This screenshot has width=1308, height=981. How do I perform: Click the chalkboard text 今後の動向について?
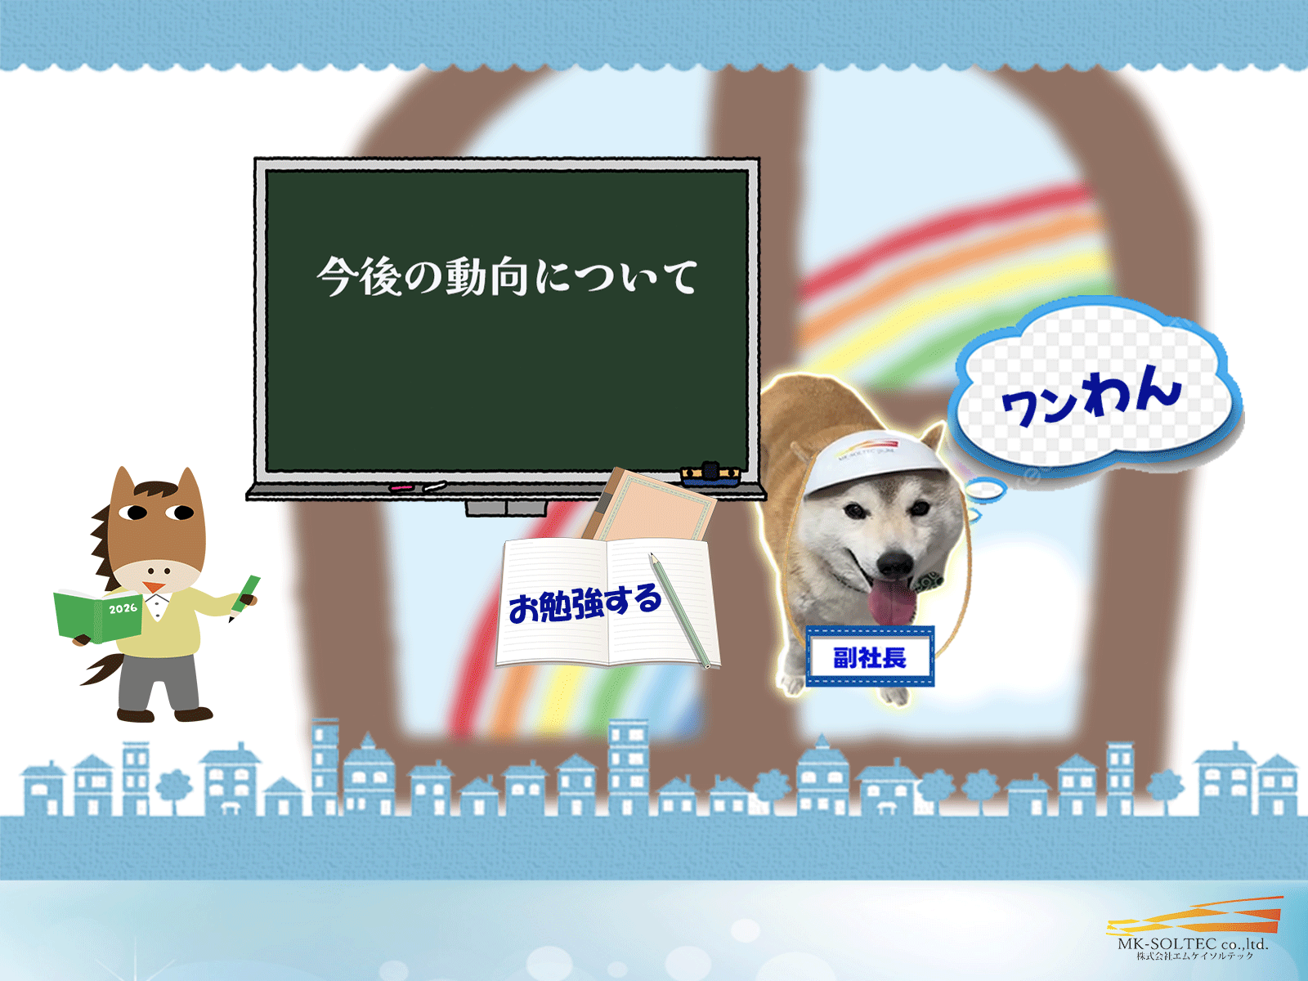click(507, 276)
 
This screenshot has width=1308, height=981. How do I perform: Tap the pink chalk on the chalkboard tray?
click(401, 487)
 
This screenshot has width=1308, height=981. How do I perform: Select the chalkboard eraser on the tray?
click(710, 474)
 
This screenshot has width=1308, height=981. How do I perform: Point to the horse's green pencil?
click(246, 594)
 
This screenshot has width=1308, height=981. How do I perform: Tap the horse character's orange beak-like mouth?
click(152, 587)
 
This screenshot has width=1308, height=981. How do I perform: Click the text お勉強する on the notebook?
click(585, 603)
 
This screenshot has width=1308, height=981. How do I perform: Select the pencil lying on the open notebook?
click(679, 609)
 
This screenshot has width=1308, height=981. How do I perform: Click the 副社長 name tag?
click(870, 656)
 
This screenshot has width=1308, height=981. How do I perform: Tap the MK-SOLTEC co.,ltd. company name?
click(1193, 943)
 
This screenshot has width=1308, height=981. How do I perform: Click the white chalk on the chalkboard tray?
click(435, 486)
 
